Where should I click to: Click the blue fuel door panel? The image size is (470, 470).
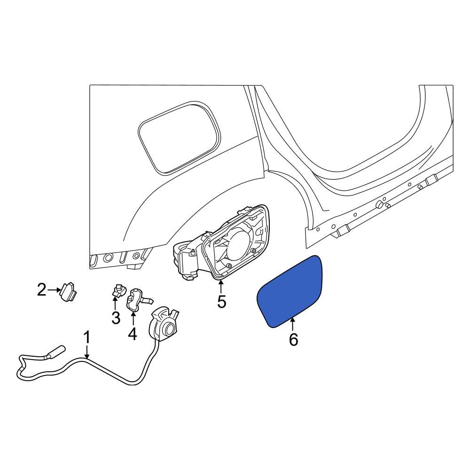(x=289, y=290)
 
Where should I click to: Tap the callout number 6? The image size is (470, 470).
(x=293, y=339)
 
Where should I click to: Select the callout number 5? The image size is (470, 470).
(x=221, y=301)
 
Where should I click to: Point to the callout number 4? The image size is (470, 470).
(x=132, y=334)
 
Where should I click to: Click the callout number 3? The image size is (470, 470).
(x=116, y=318)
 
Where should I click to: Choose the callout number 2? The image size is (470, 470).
(x=42, y=290)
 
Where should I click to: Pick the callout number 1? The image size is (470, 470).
(x=86, y=337)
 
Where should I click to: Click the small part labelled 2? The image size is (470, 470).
(x=68, y=292)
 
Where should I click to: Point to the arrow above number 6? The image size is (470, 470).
(x=293, y=324)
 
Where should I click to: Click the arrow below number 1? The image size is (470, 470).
(x=87, y=353)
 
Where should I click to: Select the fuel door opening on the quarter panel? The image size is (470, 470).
(x=179, y=136)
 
